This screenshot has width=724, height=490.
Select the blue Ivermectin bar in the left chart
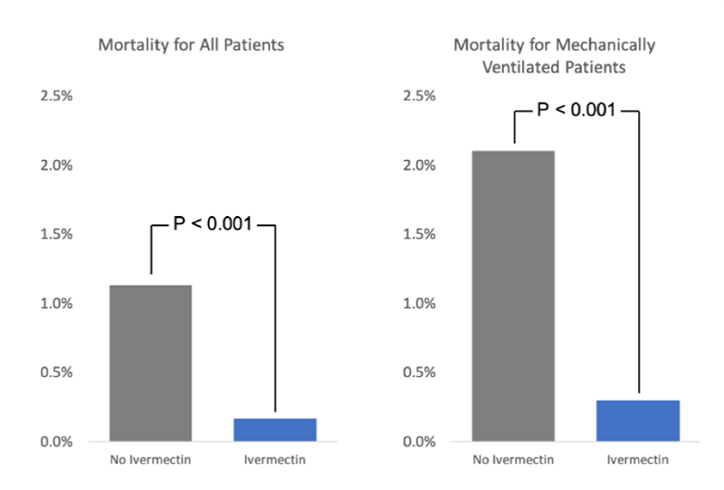point(275,430)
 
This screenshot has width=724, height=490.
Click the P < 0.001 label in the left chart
point(212,222)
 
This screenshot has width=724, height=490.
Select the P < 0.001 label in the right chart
point(576,110)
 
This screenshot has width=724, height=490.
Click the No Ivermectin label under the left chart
point(151,460)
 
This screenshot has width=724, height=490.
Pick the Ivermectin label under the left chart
point(274,460)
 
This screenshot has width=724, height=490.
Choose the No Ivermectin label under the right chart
point(514,460)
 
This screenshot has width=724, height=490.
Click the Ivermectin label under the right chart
point(637,460)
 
